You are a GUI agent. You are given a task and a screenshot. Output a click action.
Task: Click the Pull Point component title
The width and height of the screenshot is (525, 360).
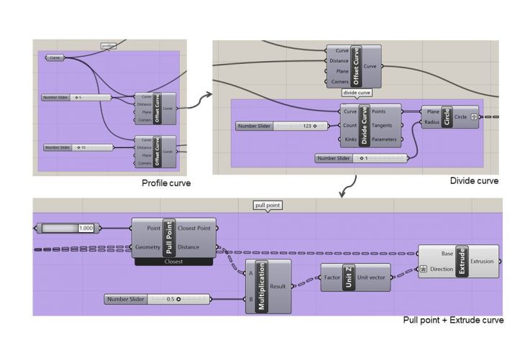tap(169, 238)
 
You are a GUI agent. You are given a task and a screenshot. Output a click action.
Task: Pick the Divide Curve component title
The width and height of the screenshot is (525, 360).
tap(365, 125)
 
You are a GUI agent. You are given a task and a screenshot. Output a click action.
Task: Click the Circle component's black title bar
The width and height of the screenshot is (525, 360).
tap(447, 116)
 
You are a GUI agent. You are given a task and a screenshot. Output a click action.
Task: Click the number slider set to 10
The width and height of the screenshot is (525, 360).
tap(78, 147)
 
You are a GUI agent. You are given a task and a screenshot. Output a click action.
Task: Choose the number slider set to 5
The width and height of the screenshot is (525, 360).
tap(76, 97)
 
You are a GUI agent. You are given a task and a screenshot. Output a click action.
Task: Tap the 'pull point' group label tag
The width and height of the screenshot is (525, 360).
tap(268, 206)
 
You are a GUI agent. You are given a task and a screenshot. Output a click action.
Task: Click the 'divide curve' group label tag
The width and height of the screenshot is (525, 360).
tap(357, 93)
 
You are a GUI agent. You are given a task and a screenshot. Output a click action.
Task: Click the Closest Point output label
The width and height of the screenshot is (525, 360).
tap(194, 228)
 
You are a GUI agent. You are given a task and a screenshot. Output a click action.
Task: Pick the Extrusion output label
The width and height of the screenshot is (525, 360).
tap(482, 262)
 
